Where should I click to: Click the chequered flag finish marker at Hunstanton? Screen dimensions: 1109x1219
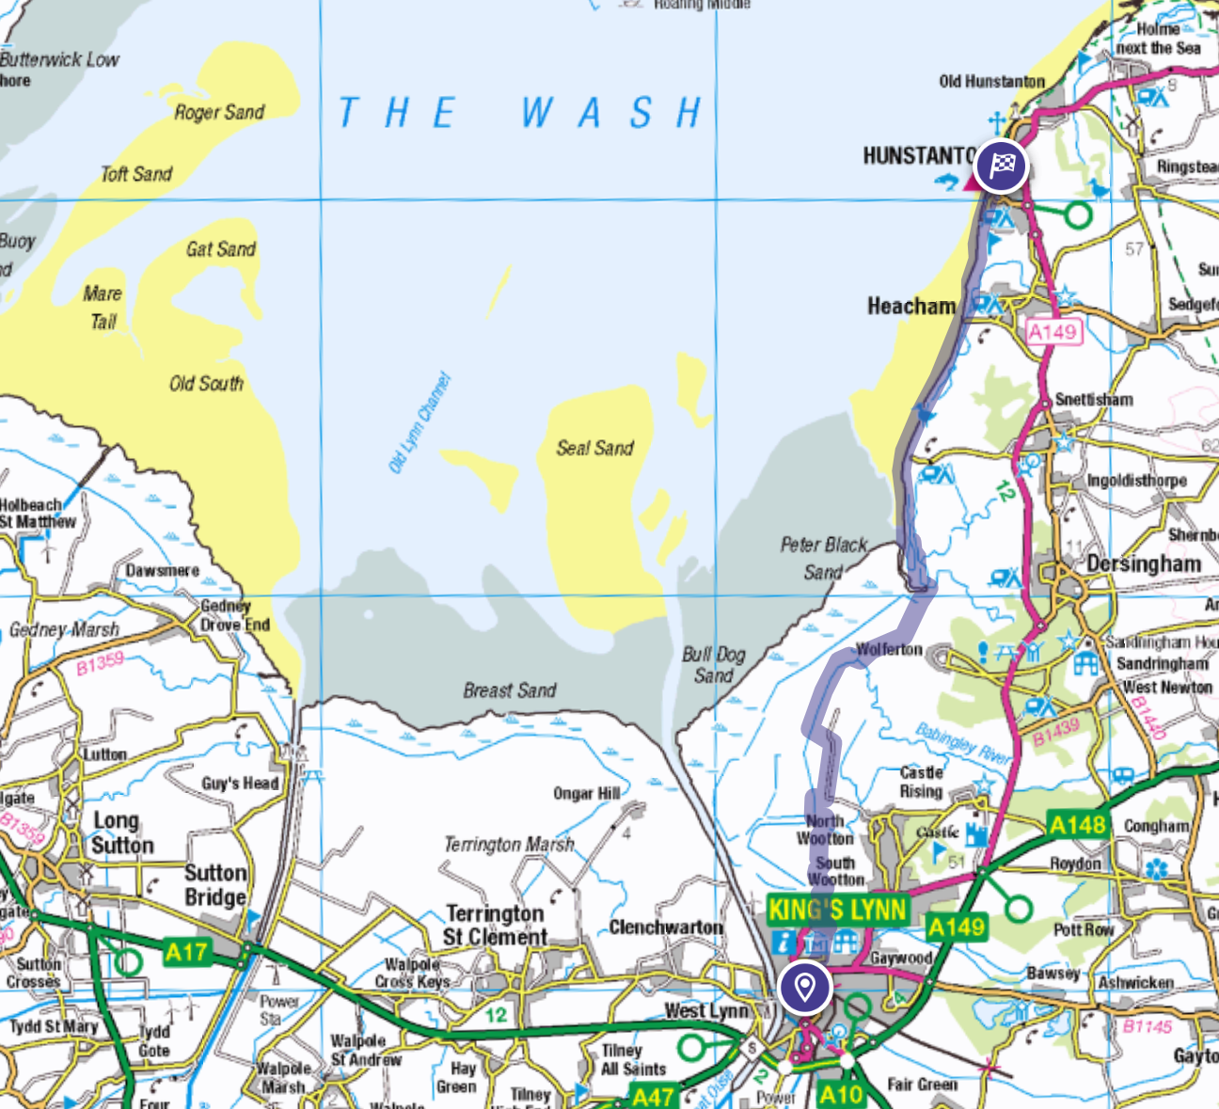click(1001, 166)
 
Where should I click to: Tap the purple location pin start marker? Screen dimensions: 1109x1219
click(804, 988)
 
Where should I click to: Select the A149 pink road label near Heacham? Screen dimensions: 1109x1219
click(1053, 331)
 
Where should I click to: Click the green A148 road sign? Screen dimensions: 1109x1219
click(1077, 826)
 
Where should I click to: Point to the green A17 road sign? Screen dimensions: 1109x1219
click(185, 952)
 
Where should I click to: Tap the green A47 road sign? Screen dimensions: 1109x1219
click(652, 1097)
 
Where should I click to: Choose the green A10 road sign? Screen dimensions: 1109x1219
click(840, 1094)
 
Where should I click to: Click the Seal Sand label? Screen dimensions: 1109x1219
click(594, 448)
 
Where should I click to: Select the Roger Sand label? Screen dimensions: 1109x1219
click(219, 112)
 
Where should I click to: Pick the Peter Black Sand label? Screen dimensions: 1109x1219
click(823, 558)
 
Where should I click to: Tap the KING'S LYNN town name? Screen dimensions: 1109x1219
click(837, 910)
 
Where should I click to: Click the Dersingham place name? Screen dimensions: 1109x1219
click(1144, 563)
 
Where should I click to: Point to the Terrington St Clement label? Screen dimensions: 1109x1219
click(495, 926)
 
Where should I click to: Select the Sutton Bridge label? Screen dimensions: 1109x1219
click(215, 885)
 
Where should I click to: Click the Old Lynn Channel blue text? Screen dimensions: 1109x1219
click(420, 422)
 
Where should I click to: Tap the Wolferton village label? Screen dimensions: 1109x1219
click(889, 649)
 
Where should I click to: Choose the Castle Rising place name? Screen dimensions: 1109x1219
click(921, 782)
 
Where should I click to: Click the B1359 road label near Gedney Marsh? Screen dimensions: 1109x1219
click(100, 663)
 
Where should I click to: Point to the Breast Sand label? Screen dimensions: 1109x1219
click(509, 690)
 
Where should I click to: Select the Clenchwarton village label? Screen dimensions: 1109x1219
click(666, 927)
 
